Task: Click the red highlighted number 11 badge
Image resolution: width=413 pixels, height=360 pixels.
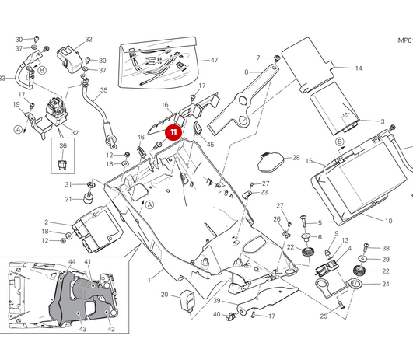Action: [173, 133]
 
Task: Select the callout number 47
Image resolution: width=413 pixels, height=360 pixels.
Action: [214, 61]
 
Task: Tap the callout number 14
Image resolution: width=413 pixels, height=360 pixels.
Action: [359, 68]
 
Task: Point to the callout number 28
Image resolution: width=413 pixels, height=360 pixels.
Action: [296, 158]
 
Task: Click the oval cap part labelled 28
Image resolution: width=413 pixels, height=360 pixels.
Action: [268, 162]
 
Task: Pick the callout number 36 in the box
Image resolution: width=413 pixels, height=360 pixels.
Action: [64, 145]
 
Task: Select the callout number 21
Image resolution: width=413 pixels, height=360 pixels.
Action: [68, 200]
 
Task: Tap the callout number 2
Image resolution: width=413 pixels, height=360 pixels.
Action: [46, 222]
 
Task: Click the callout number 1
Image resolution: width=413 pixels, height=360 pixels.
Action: [149, 278]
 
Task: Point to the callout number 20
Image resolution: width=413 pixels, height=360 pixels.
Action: [164, 295]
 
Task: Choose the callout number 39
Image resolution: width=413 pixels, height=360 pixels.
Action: [217, 301]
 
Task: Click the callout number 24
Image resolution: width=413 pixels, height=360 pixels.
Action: [385, 285]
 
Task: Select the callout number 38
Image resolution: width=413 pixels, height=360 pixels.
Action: [385, 248]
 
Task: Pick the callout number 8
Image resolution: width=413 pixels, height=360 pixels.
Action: [247, 72]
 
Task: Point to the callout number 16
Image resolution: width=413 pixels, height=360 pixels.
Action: [165, 104]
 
